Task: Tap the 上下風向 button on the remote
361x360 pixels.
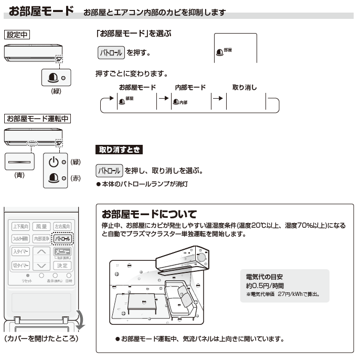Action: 21,226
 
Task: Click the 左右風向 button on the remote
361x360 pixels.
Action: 62,226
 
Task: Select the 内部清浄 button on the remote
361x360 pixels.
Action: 41,239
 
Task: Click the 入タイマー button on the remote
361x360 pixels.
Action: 21,252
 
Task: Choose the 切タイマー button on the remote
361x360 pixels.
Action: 21,266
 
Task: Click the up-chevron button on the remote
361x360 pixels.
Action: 41,252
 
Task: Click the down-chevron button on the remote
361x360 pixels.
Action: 41,266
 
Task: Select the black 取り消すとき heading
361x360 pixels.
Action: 120,150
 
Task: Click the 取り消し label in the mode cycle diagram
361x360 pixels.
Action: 244,88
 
